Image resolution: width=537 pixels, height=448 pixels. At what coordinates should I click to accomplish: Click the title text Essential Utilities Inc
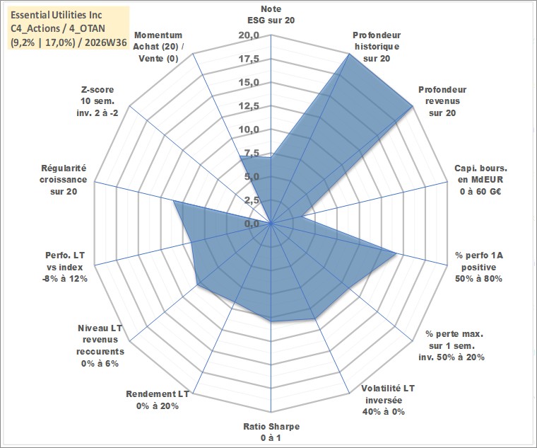pyautogui.click(x=56, y=15)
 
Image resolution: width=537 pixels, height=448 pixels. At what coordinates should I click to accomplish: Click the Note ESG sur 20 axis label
pyautogui.click(x=271, y=14)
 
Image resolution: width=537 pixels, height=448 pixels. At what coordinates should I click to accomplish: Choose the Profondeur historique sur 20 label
pyautogui.click(x=377, y=47)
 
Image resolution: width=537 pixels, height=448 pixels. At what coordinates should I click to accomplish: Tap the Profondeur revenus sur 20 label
pyautogui.click(x=442, y=101)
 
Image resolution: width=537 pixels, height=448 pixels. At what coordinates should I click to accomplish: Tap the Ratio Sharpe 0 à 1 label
pyautogui.click(x=271, y=432)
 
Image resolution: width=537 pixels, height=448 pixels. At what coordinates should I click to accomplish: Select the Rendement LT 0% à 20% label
pyautogui.click(x=157, y=400)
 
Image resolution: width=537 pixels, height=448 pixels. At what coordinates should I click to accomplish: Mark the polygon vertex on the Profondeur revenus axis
pyautogui.click(x=413, y=106)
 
